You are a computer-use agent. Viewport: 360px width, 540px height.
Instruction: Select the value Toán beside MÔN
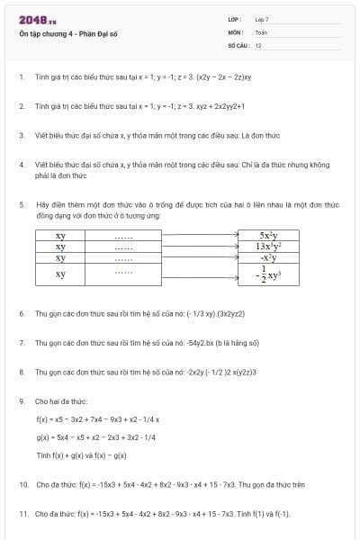(x=261, y=31)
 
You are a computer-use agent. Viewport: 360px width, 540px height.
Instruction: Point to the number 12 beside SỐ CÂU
(x=258, y=43)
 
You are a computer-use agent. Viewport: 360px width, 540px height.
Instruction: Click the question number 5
(x=21, y=205)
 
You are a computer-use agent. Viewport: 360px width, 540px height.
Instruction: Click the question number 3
(x=21, y=135)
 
